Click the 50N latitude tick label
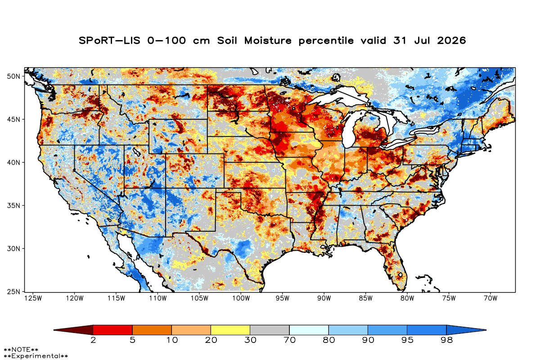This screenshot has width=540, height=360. click(x=13, y=76)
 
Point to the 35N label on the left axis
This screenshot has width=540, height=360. click(x=13, y=206)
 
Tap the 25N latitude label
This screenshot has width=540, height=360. click(x=13, y=292)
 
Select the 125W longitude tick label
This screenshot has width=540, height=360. click(x=33, y=298)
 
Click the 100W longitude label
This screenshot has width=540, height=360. click(x=241, y=298)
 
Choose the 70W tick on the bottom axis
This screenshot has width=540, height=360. click(x=490, y=298)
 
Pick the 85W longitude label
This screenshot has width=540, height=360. click(x=366, y=298)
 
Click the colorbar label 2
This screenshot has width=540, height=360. click(x=93, y=340)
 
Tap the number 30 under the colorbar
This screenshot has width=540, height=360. click(x=250, y=340)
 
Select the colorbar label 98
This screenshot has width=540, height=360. click(x=446, y=340)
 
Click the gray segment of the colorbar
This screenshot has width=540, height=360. click(x=270, y=330)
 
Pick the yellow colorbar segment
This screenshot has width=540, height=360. click(x=230, y=330)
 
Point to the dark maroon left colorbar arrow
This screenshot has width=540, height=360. click(x=73, y=330)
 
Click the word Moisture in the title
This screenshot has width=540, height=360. click(x=268, y=40)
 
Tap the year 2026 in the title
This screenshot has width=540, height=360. click(x=451, y=40)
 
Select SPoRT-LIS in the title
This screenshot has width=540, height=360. click(x=109, y=40)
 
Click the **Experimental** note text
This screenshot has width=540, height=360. click(x=36, y=356)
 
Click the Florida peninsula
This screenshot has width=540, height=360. click(x=396, y=265)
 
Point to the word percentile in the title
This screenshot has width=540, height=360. click(x=326, y=41)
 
